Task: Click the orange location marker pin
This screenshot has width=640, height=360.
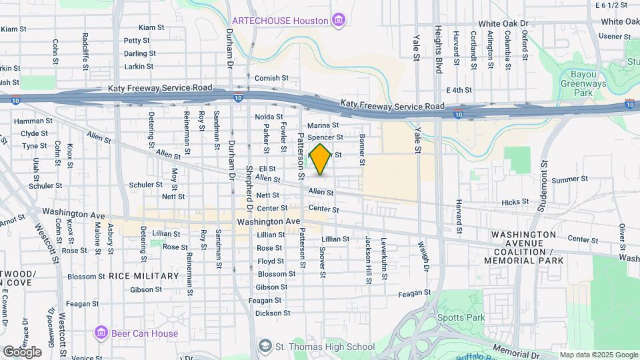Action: (x=321, y=159)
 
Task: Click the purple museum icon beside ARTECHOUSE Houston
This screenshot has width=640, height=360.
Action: (x=339, y=20)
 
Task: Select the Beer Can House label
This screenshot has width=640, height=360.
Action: (x=145, y=333)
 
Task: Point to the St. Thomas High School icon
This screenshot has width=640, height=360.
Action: (x=265, y=346)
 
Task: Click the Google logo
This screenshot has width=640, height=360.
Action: (x=22, y=351)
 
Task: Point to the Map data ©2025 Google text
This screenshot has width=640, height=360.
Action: (x=599, y=355)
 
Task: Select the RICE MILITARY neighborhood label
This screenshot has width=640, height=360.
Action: (x=144, y=276)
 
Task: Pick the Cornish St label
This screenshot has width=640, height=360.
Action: (x=271, y=78)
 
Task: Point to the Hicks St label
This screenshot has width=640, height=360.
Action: (x=515, y=201)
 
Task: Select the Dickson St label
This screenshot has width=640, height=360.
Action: (x=273, y=313)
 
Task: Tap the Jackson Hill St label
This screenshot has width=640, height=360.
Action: (x=367, y=260)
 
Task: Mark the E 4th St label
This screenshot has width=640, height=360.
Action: (x=459, y=90)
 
